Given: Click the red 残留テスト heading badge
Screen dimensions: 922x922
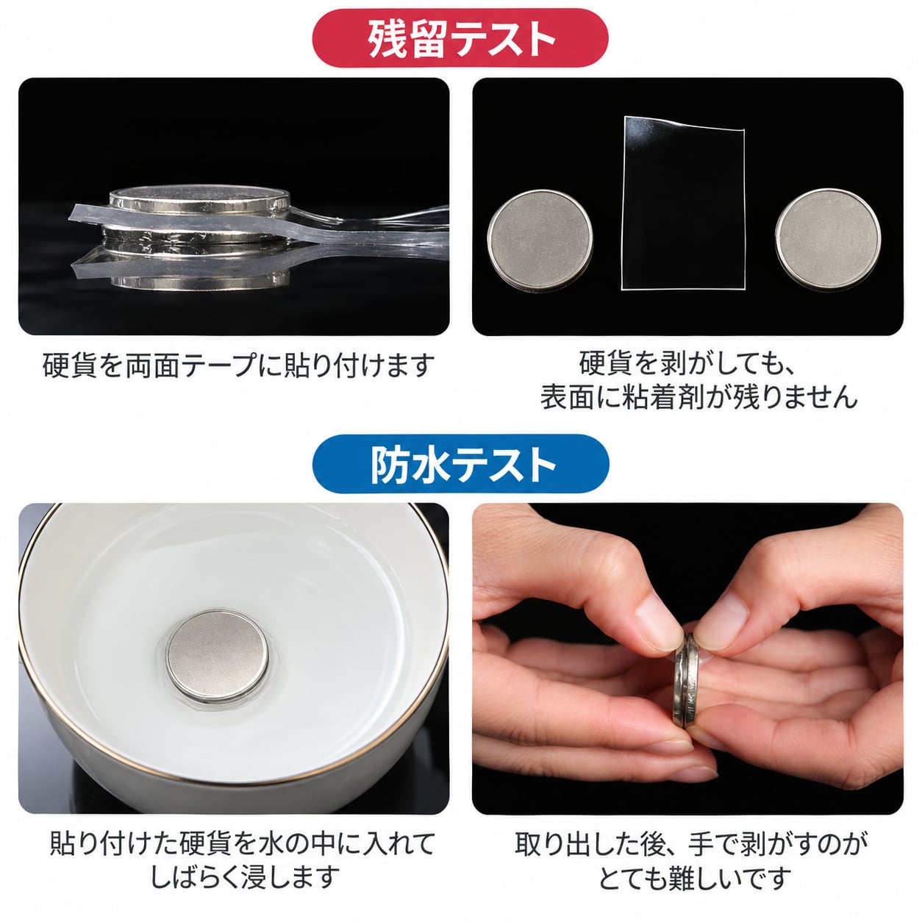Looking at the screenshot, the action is (460, 37).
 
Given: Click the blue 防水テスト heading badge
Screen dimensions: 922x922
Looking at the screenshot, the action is (460, 464).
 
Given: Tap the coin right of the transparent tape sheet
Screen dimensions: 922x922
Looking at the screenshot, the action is (828, 239).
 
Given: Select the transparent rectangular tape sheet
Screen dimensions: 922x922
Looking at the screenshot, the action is (683, 203).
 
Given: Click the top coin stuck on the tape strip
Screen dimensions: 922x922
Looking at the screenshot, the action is (199, 200).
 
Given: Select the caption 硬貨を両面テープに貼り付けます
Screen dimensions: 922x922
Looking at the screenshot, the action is (238, 365).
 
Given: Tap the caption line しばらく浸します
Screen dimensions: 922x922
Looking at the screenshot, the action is (246, 876).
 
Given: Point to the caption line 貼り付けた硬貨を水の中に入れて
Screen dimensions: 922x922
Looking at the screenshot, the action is (243, 843).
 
